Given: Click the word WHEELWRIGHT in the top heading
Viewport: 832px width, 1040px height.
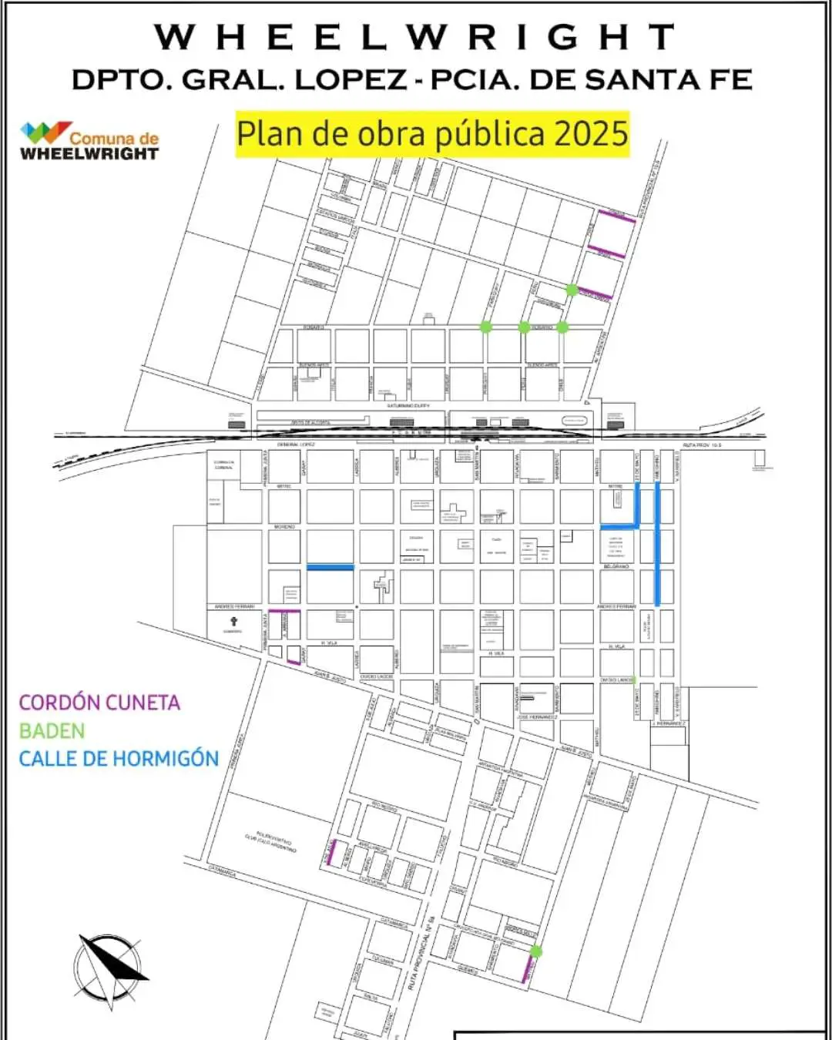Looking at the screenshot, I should (415, 37).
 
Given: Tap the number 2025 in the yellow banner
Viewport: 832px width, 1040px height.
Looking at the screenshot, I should (591, 134).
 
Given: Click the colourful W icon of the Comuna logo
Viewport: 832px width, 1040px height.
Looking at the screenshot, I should (45, 133).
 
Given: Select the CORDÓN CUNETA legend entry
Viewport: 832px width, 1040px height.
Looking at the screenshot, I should (99, 703).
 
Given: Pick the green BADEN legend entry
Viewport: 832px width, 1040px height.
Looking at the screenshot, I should (52, 730).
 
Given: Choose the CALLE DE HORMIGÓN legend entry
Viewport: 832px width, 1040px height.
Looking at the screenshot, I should (119, 759).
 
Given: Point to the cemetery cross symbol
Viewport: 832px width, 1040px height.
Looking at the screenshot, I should (233, 621).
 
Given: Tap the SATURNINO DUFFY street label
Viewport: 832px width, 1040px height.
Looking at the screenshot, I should (408, 405).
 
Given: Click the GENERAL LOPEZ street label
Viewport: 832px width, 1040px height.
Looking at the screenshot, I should (297, 445).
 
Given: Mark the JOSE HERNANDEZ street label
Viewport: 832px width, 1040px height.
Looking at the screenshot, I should (538, 717).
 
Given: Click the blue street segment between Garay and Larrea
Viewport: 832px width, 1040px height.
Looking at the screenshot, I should (330, 567).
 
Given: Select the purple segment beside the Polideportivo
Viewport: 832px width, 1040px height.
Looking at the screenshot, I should (331, 853).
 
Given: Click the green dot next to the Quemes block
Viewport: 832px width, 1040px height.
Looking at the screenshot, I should (536, 951).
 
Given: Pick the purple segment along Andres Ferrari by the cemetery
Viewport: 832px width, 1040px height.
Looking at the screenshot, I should (283, 611).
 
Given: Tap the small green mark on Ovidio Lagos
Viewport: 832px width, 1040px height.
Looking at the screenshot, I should (633, 679).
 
